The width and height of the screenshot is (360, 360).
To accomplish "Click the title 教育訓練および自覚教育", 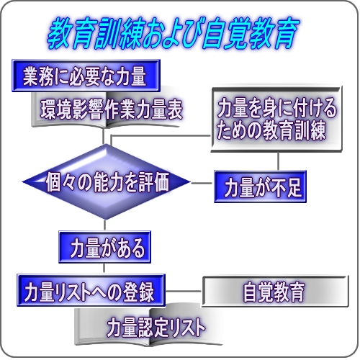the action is point(174,33).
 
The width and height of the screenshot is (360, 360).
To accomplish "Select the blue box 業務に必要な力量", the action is point(86,76).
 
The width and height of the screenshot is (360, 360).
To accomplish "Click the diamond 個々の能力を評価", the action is point(107,182).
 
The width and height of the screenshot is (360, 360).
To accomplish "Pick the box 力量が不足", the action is point(260,186).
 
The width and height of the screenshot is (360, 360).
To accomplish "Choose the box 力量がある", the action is point(105,247).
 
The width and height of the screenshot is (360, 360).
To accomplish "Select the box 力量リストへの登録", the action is point(91,290).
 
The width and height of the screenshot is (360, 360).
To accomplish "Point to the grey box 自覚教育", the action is point(275,292).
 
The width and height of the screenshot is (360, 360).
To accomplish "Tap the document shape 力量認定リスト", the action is point(149,326).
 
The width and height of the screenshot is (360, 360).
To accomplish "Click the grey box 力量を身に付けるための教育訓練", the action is point(276,119).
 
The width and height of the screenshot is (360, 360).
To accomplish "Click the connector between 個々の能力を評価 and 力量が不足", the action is point(202,184).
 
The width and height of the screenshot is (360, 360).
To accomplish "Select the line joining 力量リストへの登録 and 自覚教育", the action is point(184,292).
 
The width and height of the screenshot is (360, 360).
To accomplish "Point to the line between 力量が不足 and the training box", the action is point(278,161).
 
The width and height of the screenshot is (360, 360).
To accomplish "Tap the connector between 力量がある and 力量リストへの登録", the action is point(104,269).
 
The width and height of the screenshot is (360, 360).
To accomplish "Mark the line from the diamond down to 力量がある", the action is point(105,225).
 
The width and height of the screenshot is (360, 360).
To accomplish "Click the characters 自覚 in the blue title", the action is point(226,33).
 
